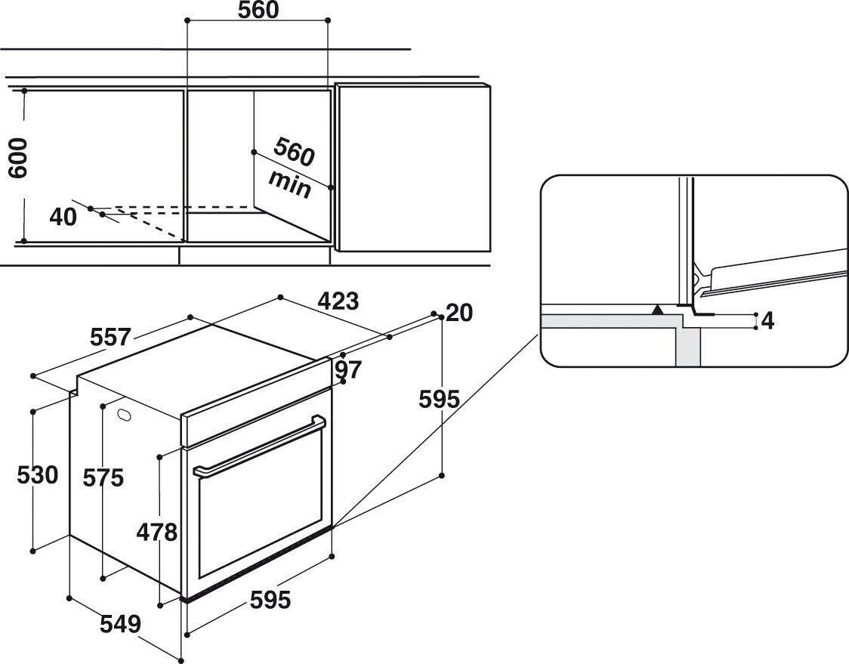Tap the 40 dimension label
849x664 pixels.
63,218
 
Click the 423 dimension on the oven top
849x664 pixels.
338,301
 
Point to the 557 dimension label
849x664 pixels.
110,336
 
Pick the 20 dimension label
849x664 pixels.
458,312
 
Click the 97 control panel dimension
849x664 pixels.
349,370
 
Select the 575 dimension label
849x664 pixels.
103,477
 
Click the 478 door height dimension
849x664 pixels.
156,533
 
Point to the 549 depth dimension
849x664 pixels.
121,624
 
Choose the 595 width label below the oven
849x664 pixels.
270,600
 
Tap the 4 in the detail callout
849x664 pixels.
767,321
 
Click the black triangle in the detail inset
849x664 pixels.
658,309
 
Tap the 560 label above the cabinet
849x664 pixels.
258,11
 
